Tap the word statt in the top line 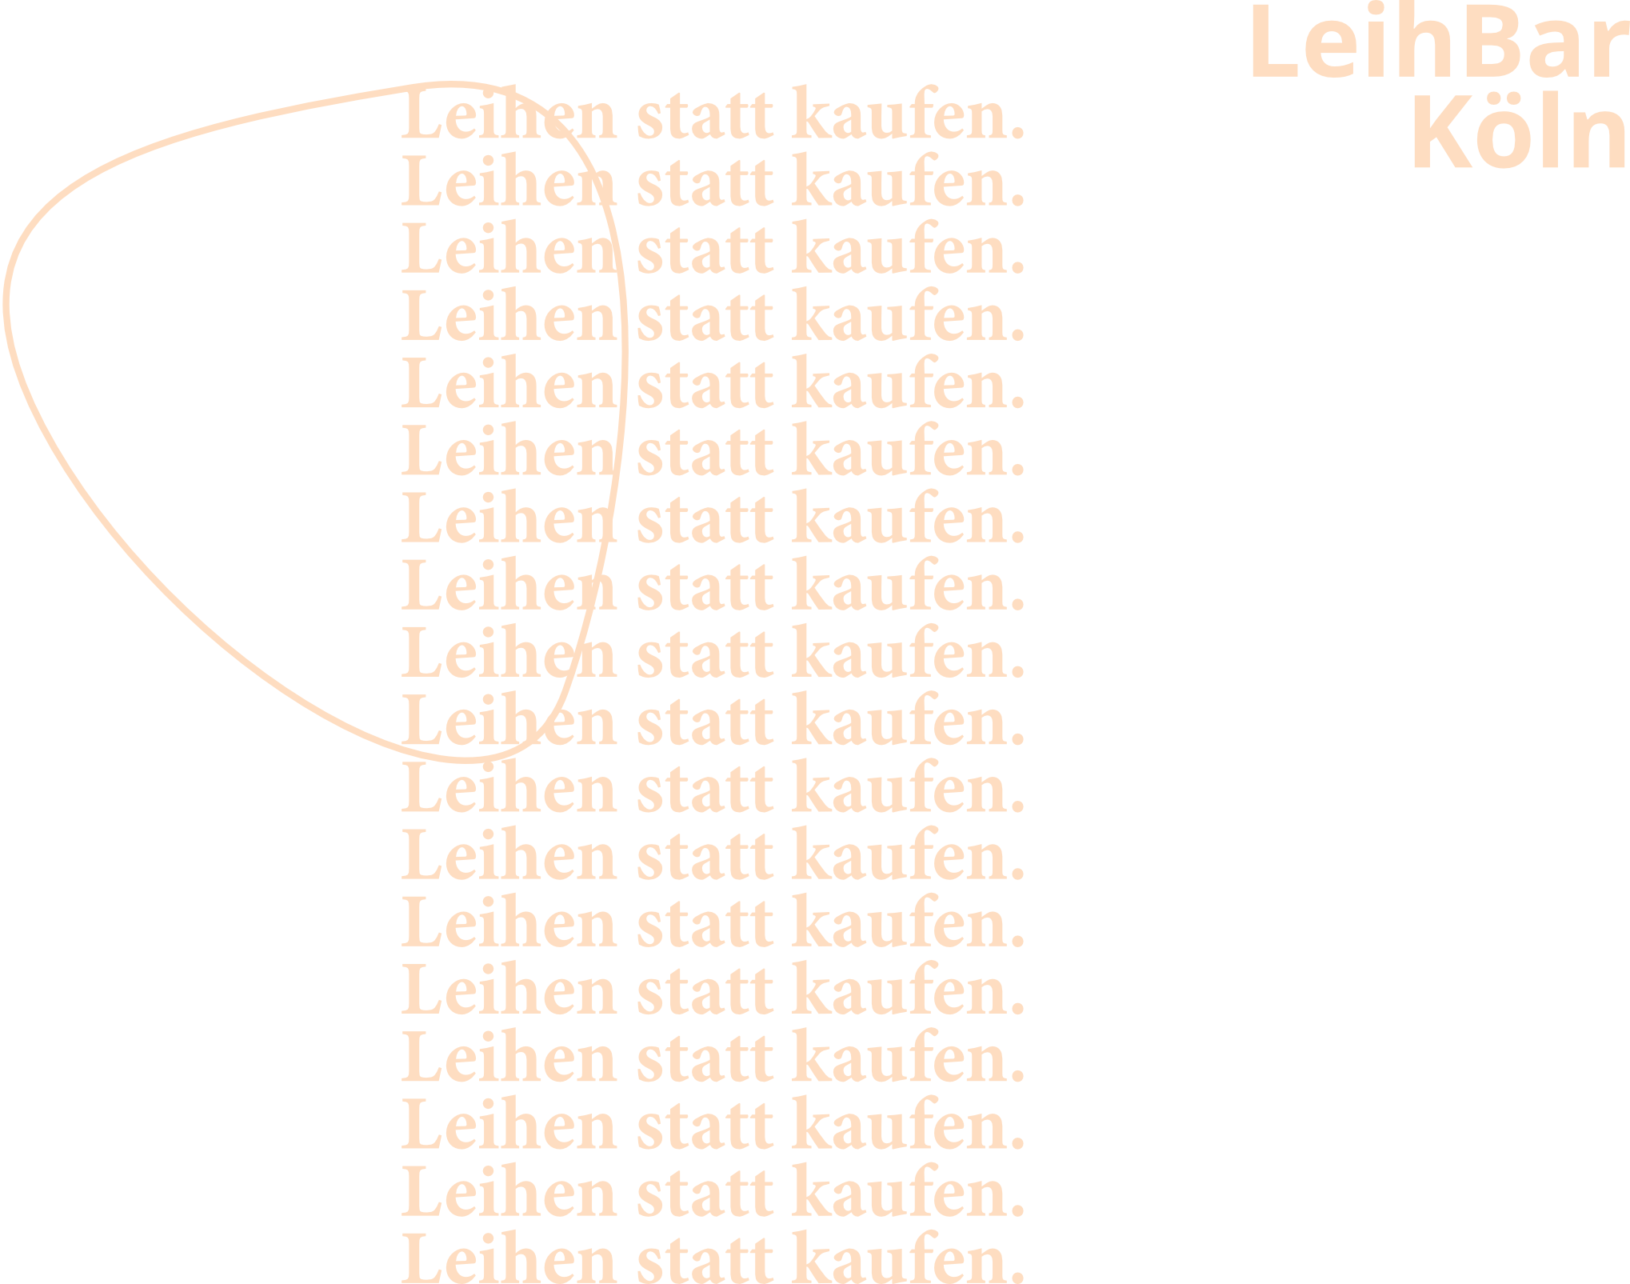tap(705, 118)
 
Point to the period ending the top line tap(1017, 134)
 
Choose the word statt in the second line tap(705, 185)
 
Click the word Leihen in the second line tap(509, 183)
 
